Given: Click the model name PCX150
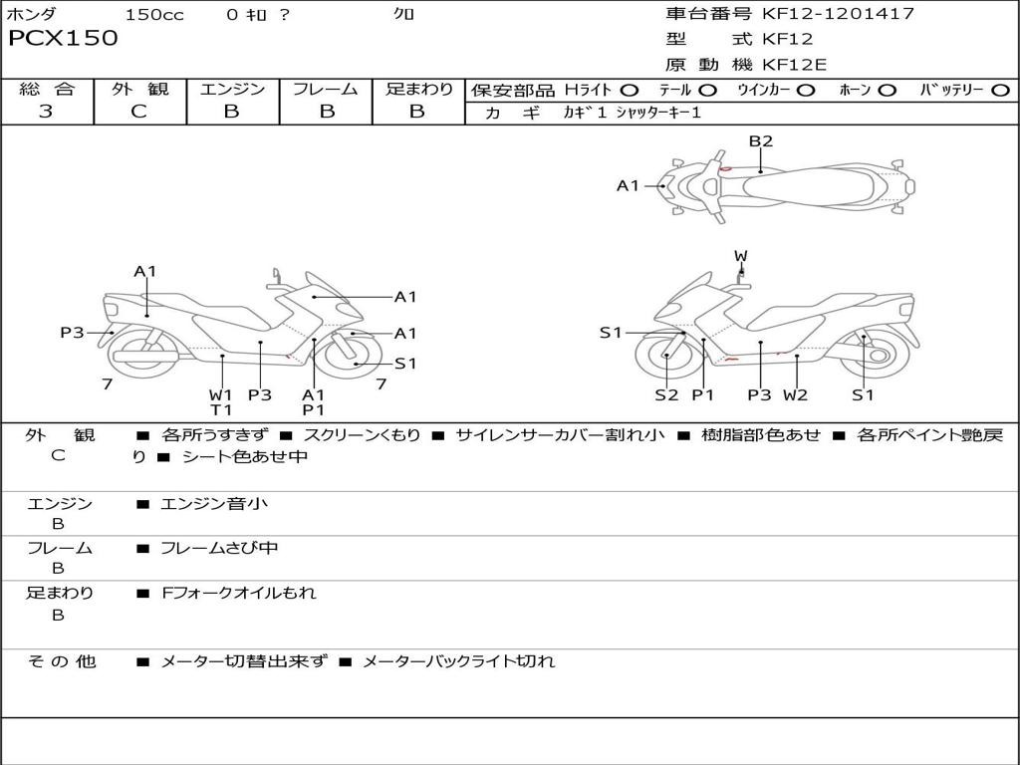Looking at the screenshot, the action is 63,39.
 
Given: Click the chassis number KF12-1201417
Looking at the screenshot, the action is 838,14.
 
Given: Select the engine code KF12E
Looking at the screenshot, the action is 795,66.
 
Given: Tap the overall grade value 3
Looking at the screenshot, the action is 46,112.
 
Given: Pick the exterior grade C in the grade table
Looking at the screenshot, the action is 138,112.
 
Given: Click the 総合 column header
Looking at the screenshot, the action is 47,89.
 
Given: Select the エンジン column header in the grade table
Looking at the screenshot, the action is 232,89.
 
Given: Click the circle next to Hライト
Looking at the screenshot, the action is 630,91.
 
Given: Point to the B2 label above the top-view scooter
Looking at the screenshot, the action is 761,141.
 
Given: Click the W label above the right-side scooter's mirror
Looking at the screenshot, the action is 741,257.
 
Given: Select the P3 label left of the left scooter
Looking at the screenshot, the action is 72,333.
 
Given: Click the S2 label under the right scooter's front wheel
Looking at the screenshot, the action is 666,394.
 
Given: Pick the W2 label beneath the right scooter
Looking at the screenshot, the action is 795,394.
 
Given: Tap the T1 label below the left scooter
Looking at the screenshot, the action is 220,409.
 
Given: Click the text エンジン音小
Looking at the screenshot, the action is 214,504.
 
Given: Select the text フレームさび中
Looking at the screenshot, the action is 219,548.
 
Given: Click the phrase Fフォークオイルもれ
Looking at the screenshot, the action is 239,593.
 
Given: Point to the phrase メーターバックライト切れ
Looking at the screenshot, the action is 458,661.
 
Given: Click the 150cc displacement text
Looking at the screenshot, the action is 154,15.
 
